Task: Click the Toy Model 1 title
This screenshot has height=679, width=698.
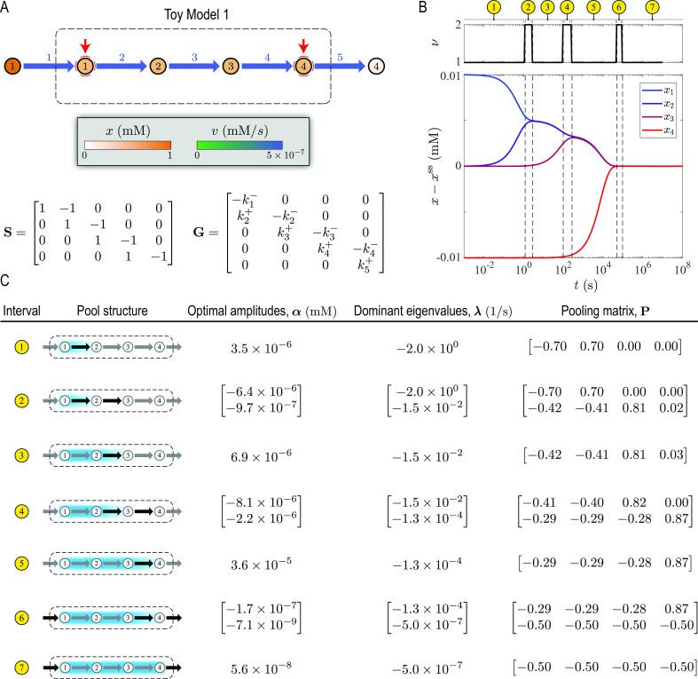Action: coord(186,14)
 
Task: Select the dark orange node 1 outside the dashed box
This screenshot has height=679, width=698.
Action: coord(12,66)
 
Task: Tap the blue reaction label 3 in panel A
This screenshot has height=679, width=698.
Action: coord(193,55)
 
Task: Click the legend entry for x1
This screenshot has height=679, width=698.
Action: coord(657,91)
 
